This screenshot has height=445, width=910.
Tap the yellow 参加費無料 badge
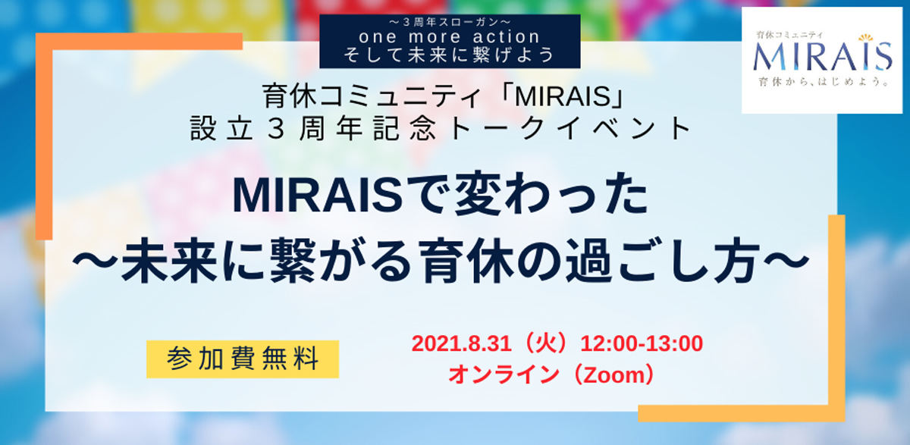[243, 359]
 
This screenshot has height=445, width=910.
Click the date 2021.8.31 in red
[462, 344]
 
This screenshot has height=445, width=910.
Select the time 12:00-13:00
[642, 344]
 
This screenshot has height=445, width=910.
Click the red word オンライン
[504, 374]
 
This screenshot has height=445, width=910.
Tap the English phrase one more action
[449, 37]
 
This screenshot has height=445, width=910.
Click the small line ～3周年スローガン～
[450, 21]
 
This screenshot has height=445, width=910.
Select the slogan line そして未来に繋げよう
[449, 55]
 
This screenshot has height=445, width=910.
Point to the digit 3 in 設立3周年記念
[276, 129]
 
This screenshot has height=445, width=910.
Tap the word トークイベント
[570, 129]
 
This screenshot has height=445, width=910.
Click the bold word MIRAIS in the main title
[318, 196]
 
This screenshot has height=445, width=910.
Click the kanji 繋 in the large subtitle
[293, 260]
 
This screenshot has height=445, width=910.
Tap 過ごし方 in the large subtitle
[663, 260]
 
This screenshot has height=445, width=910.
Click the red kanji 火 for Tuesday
[545, 344]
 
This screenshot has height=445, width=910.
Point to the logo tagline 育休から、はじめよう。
[824, 82]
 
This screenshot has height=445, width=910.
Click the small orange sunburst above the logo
[866, 38]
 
